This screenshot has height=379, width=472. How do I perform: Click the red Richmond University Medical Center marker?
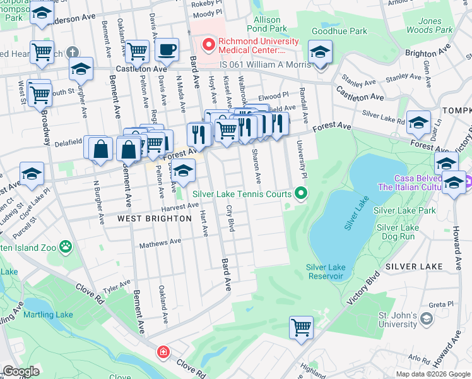coord(208,44)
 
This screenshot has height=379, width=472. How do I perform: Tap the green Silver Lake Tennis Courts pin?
coord(302,194)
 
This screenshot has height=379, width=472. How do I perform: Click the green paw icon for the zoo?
coord(64,246)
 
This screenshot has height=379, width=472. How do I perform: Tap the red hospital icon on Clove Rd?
coord(163,351)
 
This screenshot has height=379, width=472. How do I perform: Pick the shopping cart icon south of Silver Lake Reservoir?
coord(302,327)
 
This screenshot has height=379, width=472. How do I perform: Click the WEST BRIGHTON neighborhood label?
coord(155,219)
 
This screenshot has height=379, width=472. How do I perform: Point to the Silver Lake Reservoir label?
coord(325,272)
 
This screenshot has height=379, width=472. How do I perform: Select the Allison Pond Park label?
coord(266,24)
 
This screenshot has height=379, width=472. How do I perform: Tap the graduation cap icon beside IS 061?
coord(321,52)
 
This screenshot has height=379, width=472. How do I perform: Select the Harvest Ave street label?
coord(179,207)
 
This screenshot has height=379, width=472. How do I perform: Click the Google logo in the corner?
coord(21,371)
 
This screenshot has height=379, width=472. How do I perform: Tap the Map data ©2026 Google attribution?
coord(432,374)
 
